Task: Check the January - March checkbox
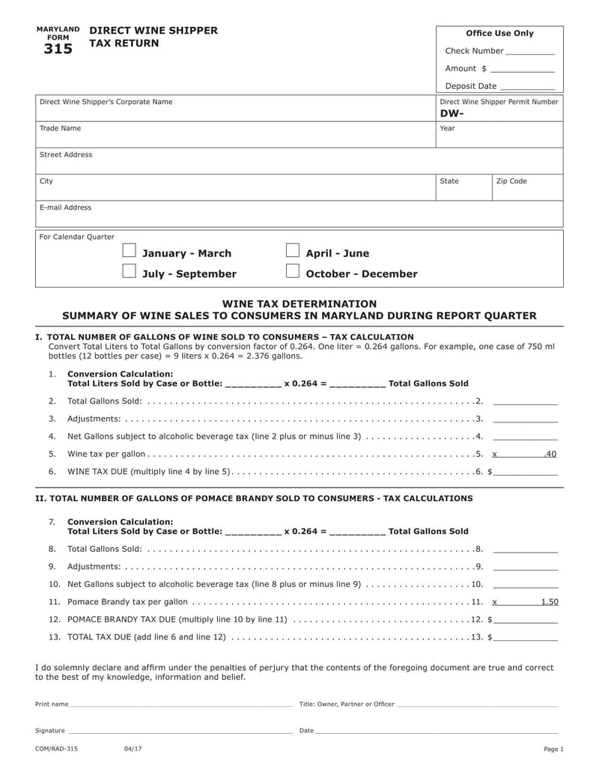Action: pos(130,250)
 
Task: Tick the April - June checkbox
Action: pos(293,250)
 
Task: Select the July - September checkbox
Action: pos(130,270)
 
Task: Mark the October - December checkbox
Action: pos(293,270)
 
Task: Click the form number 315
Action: pos(58,49)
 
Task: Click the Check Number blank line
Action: pos(530,52)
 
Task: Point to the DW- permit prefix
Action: pos(452,113)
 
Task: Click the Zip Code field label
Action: pos(511,181)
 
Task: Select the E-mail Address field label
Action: pos(65,207)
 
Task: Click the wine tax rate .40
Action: pos(550,454)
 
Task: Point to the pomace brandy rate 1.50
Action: pos(550,601)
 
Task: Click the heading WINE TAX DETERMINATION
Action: pos(299,303)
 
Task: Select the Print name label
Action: pos(52,705)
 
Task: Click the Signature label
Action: pos(50,731)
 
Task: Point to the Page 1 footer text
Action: pos(553,750)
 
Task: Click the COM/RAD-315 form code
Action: pos(56,749)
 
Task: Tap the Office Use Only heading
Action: pos(499,34)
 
